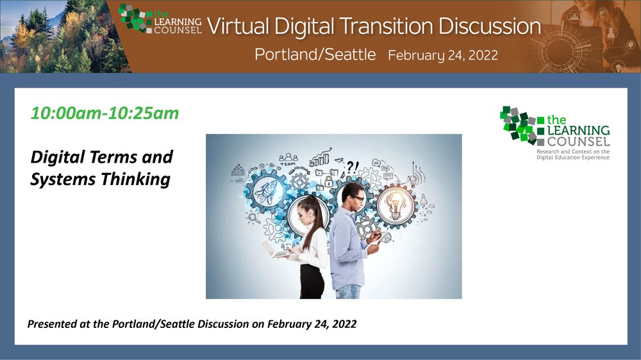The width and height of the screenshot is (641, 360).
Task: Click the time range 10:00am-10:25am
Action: click(x=104, y=113)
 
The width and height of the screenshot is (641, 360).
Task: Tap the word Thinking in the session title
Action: click(x=135, y=179)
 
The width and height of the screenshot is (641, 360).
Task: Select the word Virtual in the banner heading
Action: click(x=238, y=26)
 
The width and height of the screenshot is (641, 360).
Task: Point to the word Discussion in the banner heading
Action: click(x=490, y=26)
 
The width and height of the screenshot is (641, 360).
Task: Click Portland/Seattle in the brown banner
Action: click(x=315, y=54)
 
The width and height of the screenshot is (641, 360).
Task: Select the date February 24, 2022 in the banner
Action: click(x=443, y=55)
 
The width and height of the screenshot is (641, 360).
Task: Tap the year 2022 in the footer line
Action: click(x=344, y=324)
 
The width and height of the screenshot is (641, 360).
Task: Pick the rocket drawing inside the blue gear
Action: click(x=266, y=192)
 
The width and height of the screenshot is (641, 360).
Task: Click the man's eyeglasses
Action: click(x=358, y=199)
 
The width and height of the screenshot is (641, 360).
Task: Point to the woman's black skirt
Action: click(x=312, y=281)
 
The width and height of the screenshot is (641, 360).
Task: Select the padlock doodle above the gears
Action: click(x=329, y=181)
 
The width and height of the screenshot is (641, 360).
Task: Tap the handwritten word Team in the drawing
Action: click(x=288, y=164)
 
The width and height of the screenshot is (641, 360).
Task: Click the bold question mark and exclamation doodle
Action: click(x=353, y=167)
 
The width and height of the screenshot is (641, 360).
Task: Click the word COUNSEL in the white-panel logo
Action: click(x=578, y=142)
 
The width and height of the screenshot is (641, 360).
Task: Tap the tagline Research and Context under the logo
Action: click(x=572, y=152)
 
